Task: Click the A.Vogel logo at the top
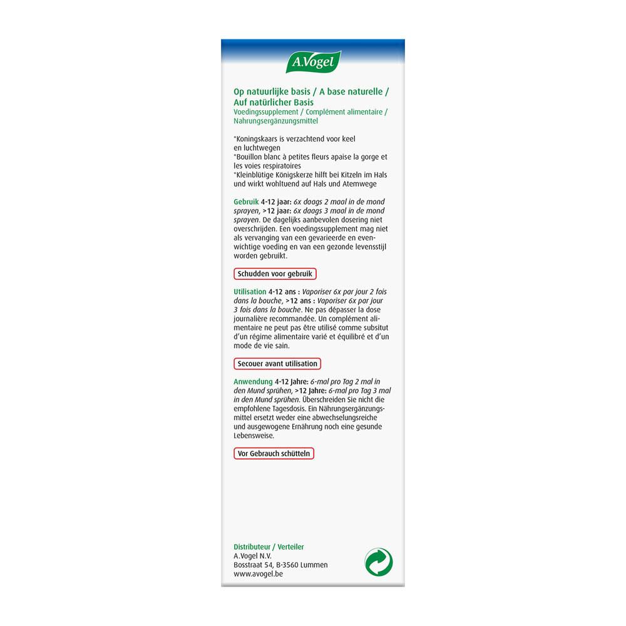314,63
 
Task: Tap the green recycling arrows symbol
379,562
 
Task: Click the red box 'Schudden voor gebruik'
275,274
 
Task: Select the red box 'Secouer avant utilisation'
277,364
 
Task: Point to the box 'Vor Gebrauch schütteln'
274,453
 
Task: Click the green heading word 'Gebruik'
245,202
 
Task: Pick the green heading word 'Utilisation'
250,292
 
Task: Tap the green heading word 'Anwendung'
253,381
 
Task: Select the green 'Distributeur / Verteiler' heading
269,546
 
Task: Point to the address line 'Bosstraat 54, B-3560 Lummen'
280,565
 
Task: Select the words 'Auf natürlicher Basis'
274,102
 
